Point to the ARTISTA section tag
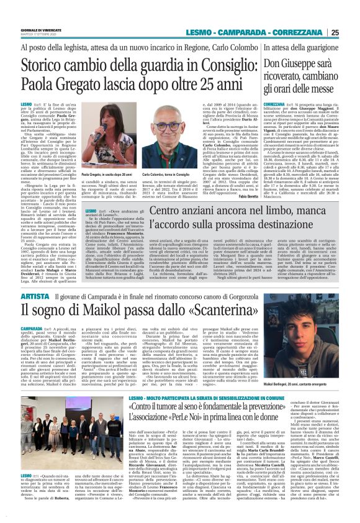coord(32,281)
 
